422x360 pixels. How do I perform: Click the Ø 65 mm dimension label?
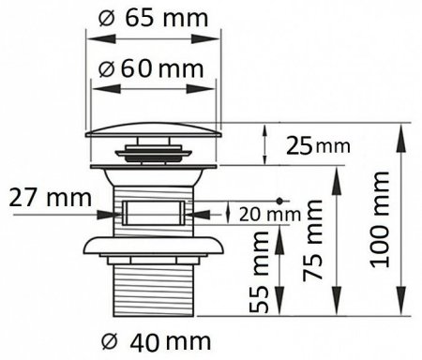pyautogui.click(x=153, y=18)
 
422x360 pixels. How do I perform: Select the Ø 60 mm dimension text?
pyautogui.click(x=151, y=69)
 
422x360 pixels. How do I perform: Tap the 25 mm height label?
pyautogui.click(x=318, y=146)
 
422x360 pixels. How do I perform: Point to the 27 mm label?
pyautogui.click(x=51, y=198)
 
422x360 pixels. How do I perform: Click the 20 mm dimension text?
pyautogui.click(x=270, y=215)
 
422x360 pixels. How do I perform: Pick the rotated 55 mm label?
pyautogui.click(x=259, y=272)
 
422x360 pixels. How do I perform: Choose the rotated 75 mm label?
pyautogui.click(x=313, y=240)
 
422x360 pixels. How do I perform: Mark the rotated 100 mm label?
pyautogui.click(x=380, y=219)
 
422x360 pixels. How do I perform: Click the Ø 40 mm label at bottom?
pyautogui.click(x=157, y=342)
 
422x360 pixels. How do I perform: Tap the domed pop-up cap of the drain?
pyautogui.click(x=153, y=130)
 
